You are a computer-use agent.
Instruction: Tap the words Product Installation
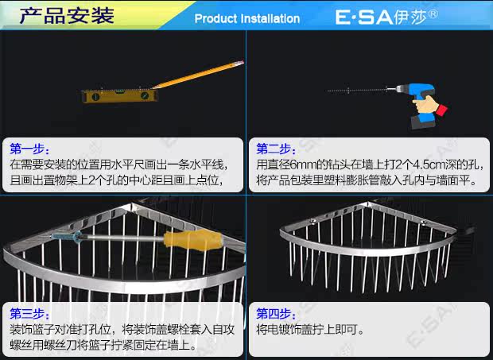coord(246,18)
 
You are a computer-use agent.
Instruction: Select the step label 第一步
coord(30,149)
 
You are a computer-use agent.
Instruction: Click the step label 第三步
coord(30,313)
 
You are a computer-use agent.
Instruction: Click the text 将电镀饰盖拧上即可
coord(310,329)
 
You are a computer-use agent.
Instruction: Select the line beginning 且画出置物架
coord(115,180)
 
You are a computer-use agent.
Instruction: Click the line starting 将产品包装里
coord(365,180)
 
